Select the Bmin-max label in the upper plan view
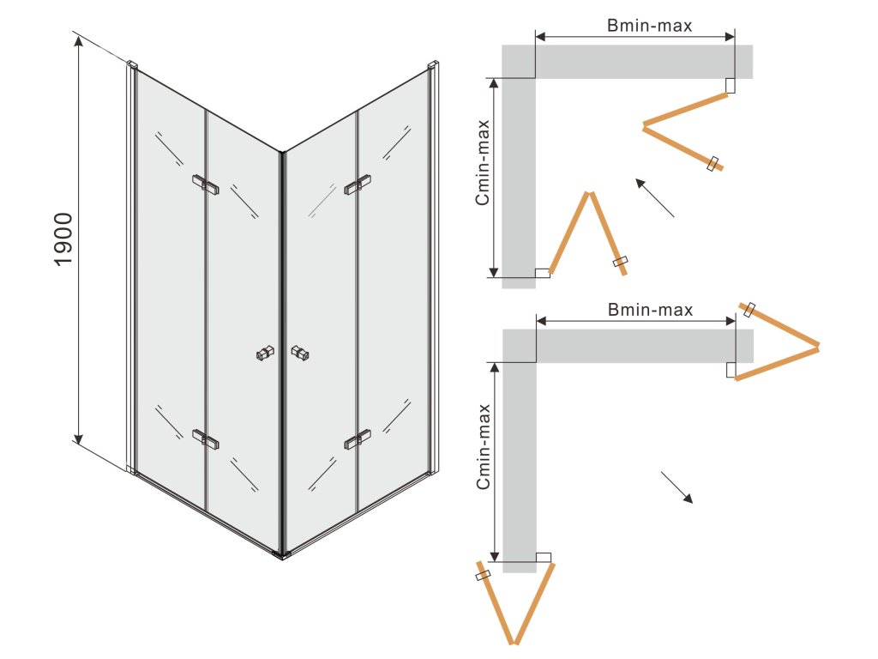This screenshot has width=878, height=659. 650,26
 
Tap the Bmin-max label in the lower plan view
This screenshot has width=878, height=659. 650,310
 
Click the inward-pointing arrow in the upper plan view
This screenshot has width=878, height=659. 653,196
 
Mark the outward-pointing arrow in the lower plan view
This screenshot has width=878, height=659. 677,487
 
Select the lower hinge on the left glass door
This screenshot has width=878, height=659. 205,438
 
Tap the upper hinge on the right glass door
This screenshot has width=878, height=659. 357,184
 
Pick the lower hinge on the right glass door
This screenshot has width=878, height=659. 357,439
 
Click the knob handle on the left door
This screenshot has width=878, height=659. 265,353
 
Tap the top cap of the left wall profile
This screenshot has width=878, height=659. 132,64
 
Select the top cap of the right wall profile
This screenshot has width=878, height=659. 433,64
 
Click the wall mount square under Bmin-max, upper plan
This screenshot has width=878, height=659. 730,86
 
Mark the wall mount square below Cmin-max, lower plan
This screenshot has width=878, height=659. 543,557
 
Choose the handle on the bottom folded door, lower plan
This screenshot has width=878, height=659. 484,576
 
